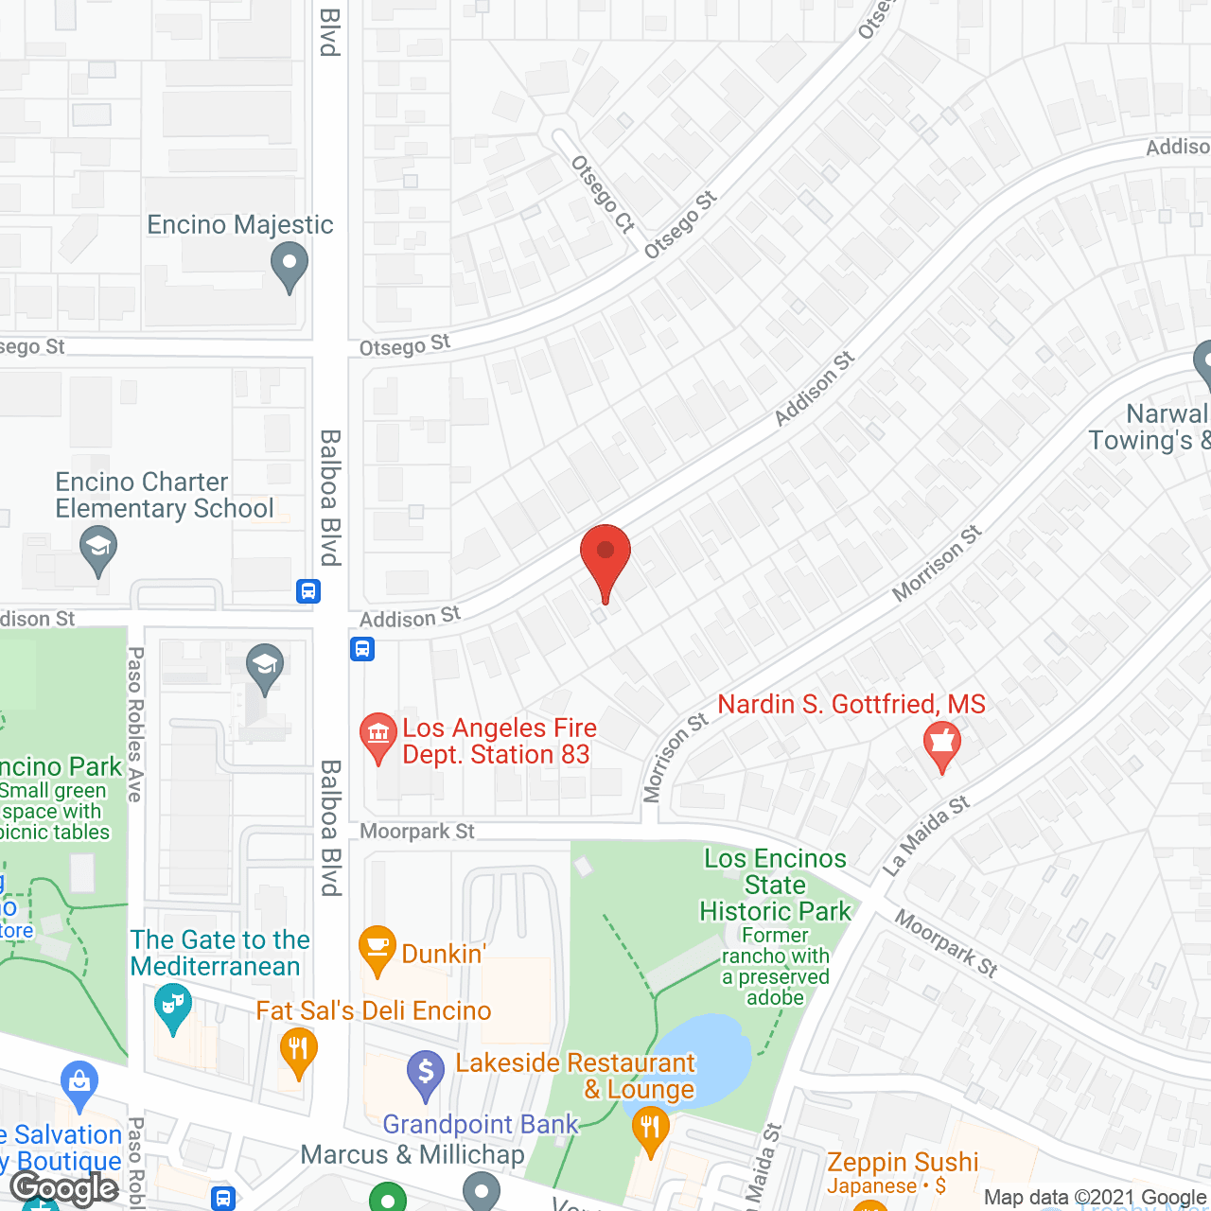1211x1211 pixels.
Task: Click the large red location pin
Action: pyautogui.click(x=605, y=558)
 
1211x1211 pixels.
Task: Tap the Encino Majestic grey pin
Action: pyautogui.click(x=290, y=265)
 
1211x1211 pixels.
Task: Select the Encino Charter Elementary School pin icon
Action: pyautogui.click(x=98, y=550)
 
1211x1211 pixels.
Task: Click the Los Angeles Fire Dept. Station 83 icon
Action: pyautogui.click(x=378, y=736)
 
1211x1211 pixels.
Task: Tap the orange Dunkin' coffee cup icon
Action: pyautogui.click(x=377, y=948)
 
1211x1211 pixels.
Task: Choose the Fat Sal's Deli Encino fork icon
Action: pyautogui.click(x=298, y=1051)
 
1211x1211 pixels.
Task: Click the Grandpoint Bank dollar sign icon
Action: pyautogui.click(x=426, y=1074)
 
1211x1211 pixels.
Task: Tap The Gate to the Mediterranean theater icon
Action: pyautogui.click(x=171, y=1007)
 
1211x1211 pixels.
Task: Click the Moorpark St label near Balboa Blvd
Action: pyautogui.click(x=417, y=832)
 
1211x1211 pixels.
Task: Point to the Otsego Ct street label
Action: pyautogui.click(x=603, y=194)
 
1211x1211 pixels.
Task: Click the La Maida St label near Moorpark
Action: pyautogui.click(x=926, y=835)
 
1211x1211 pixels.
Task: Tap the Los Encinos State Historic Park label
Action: pyautogui.click(x=775, y=885)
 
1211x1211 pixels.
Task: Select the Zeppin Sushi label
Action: pyautogui.click(x=903, y=1162)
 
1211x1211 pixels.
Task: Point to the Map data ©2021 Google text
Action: pyautogui.click(x=1096, y=1198)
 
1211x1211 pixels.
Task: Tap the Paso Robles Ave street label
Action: pyautogui.click(x=135, y=724)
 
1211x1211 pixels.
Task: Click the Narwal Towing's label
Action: pyautogui.click(x=1150, y=427)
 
